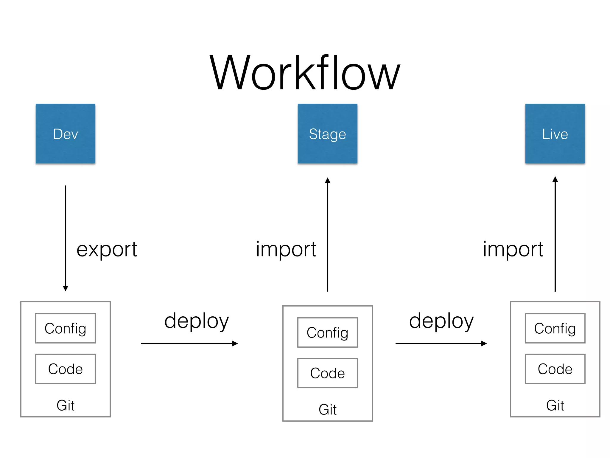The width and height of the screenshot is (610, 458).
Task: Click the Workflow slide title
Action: (x=305, y=73)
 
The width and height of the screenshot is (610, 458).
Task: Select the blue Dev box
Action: (x=66, y=134)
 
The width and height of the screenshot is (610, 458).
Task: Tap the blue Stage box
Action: (x=327, y=134)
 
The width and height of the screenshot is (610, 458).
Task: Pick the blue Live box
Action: (x=555, y=134)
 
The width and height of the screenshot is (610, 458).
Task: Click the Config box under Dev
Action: (x=66, y=328)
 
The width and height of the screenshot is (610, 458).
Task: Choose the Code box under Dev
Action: (x=66, y=369)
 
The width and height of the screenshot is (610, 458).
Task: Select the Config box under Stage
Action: (x=327, y=332)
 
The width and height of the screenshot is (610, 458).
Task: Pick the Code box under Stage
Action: (x=327, y=373)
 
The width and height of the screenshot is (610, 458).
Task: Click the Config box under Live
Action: (x=555, y=328)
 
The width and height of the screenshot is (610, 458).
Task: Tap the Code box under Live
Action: (x=555, y=369)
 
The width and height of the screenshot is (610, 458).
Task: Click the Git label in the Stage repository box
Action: (x=327, y=409)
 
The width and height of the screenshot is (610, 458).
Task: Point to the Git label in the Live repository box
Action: (x=555, y=405)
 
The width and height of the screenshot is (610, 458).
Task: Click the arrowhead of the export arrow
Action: (x=66, y=288)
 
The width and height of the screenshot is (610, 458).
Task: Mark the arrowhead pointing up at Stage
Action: (x=328, y=180)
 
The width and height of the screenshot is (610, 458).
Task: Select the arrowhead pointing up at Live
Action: (x=555, y=179)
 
